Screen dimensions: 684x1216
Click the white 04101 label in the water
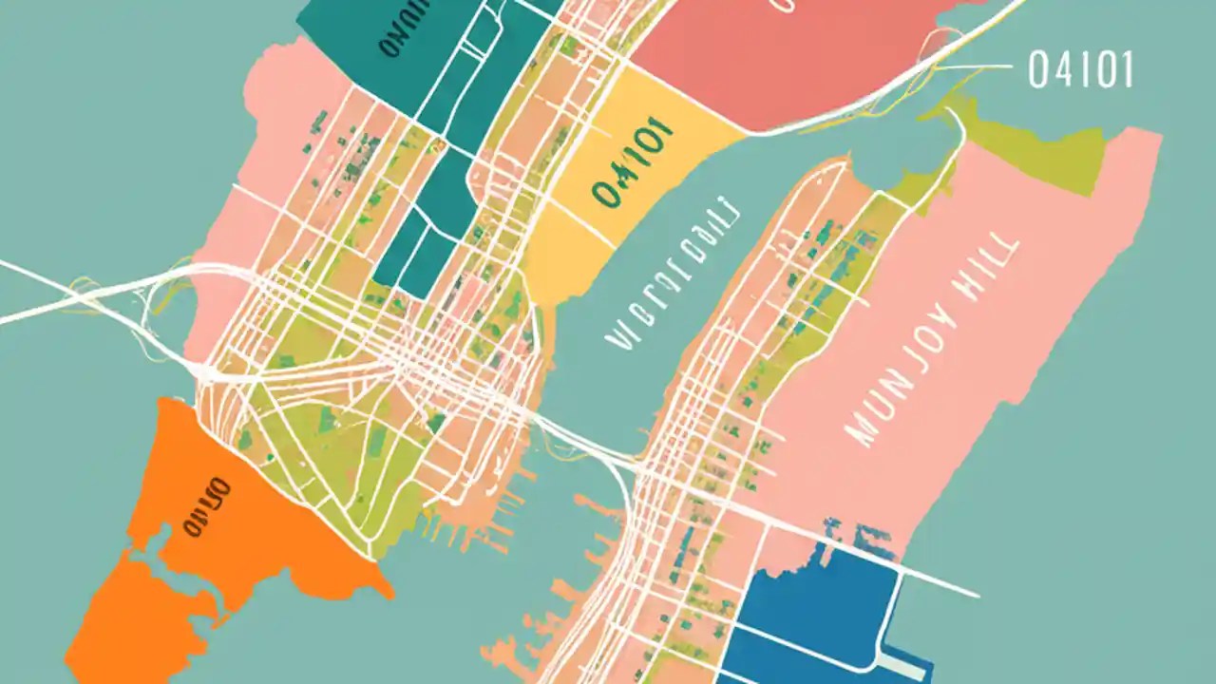click(x=1081, y=70)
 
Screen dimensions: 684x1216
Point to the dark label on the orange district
click(x=206, y=506)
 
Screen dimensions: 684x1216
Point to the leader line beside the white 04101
click(x=978, y=68)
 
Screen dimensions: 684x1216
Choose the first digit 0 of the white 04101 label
click(x=1038, y=70)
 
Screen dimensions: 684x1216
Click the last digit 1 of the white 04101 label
click(x=1127, y=70)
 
